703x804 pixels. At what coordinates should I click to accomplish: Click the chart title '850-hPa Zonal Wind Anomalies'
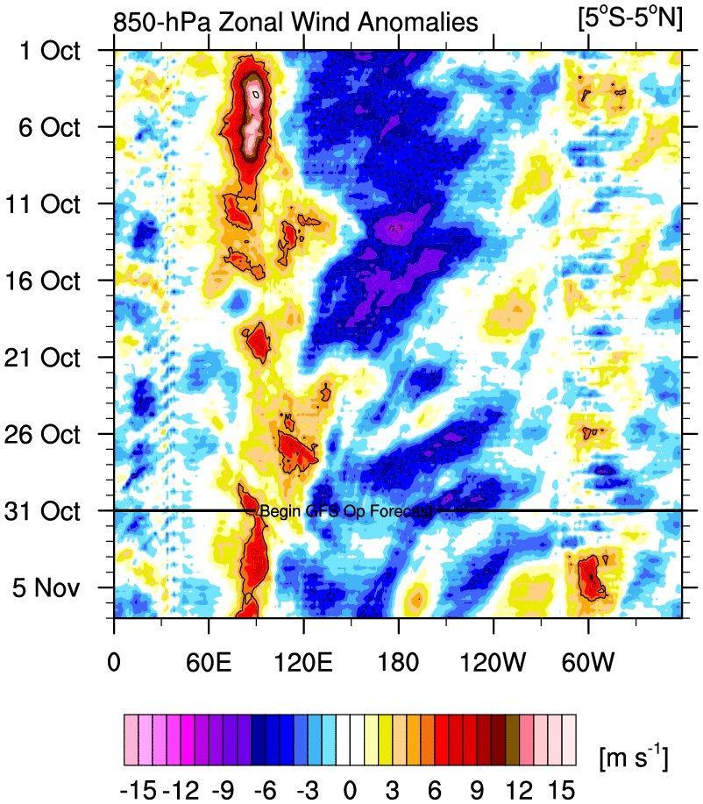click(296, 21)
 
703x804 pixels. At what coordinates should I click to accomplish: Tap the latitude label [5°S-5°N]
click(629, 18)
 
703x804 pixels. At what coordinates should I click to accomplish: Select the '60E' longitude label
click(209, 658)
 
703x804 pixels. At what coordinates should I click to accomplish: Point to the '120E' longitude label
click(303, 658)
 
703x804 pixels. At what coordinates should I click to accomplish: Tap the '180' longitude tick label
click(398, 658)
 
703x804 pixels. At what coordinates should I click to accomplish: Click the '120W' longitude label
click(493, 658)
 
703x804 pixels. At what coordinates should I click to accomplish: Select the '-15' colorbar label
click(139, 790)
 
